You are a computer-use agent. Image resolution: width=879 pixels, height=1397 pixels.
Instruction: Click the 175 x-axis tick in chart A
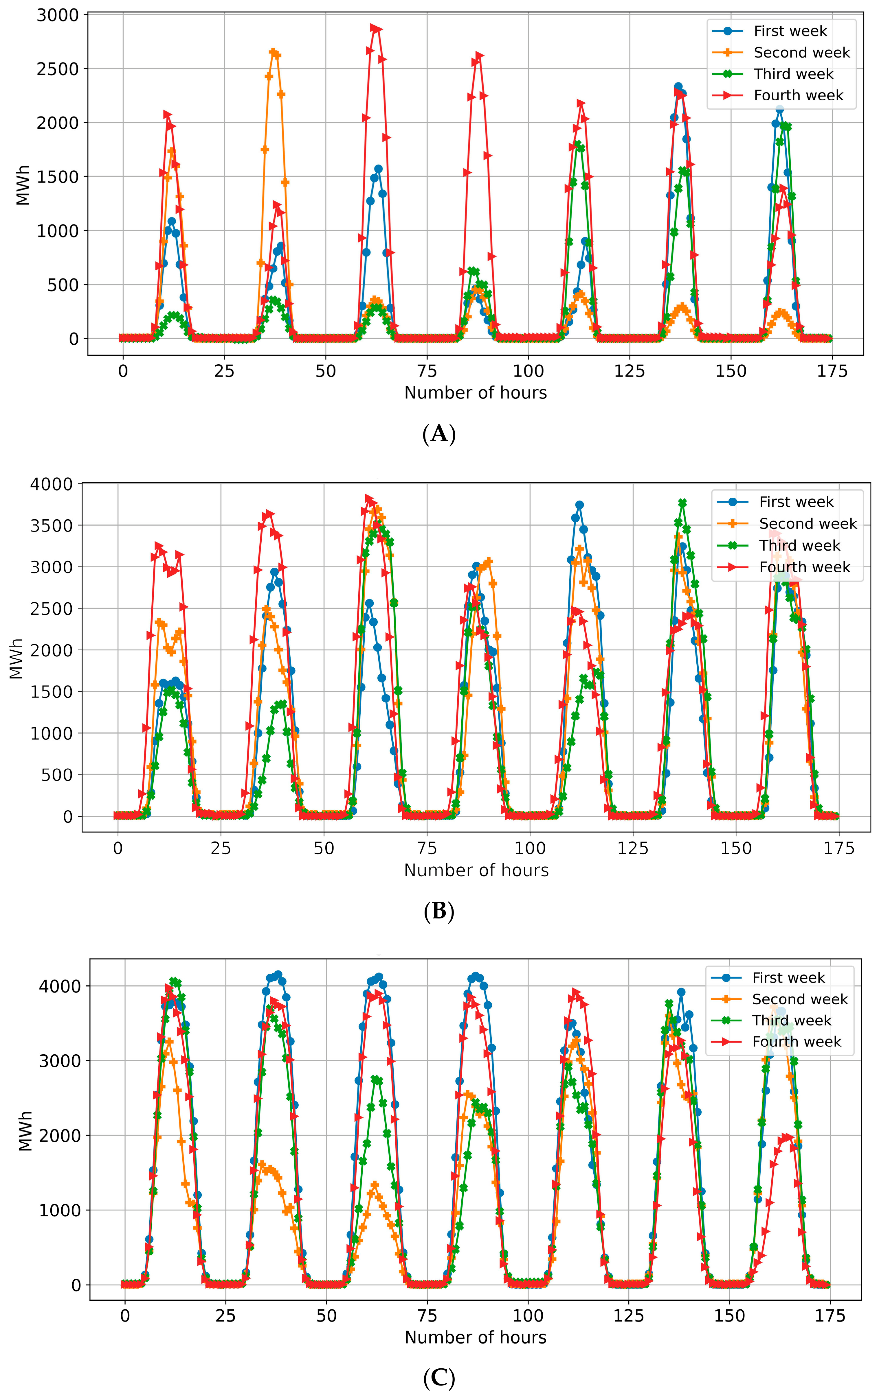(832, 371)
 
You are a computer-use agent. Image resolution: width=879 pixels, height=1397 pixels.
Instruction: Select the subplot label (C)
(439, 1378)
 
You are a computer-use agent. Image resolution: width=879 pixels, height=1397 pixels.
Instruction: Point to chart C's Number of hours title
(476, 1338)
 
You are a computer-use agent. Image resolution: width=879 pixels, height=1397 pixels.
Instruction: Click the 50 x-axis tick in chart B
(324, 849)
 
